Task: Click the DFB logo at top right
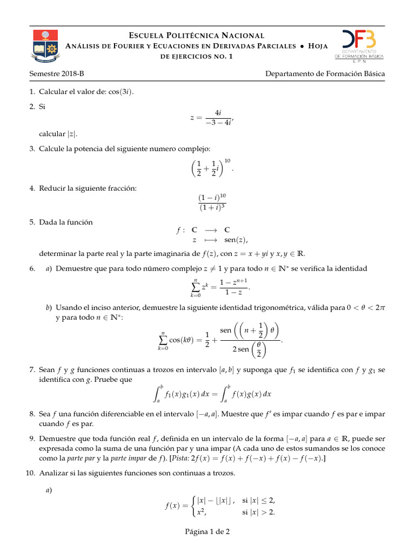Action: click(359, 45)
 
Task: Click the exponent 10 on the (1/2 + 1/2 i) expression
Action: click(227, 161)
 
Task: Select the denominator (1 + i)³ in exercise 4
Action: click(212, 207)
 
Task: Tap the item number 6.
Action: click(32, 268)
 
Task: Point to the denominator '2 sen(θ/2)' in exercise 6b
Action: click(250, 349)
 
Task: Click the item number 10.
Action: click(30, 474)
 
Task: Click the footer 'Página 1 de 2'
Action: click(207, 532)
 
